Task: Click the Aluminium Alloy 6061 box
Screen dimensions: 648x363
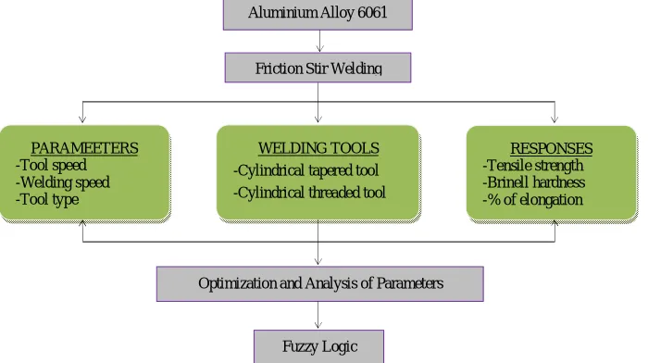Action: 318,15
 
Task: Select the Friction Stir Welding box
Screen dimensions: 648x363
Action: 318,68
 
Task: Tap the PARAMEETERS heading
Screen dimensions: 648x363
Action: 85,148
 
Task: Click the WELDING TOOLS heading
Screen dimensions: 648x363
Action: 318,148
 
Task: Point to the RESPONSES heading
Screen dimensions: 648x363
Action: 552,148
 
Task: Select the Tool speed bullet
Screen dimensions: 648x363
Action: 51,166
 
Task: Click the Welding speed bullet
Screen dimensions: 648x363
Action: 63,182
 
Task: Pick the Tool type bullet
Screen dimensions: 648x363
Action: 47,200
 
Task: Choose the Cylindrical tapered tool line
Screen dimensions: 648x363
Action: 305,170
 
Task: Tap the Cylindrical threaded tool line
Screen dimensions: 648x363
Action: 309,193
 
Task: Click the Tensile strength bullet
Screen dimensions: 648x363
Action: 533,166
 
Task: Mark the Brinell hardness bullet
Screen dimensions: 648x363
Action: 534,182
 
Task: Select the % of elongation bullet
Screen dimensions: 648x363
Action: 532,200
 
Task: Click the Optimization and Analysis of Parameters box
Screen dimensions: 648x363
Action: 320,284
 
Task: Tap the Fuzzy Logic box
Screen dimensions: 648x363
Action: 318,346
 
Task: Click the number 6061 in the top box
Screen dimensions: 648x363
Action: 372,12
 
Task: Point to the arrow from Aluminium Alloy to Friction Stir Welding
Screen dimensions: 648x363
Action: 319,41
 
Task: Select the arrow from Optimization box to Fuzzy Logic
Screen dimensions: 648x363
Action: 318,316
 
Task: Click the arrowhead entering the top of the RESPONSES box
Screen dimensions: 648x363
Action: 555,119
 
